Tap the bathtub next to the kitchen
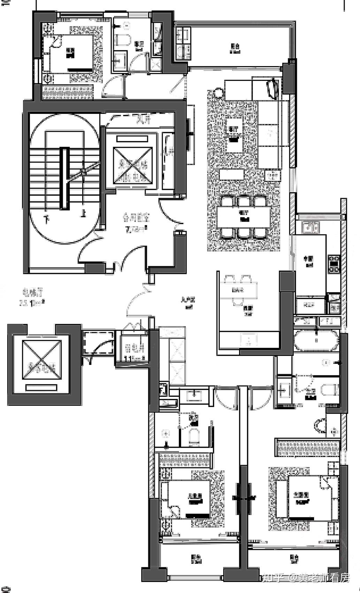click(x=316, y=340)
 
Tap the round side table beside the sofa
click(x=218, y=93)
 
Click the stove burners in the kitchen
click(x=334, y=264)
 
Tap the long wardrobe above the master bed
click(x=307, y=448)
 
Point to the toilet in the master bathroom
click(x=329, y=389)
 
